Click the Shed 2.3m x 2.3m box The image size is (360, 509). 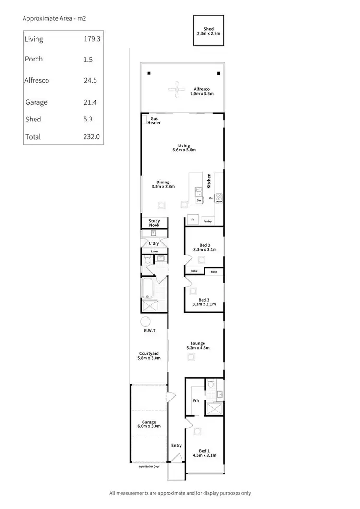[209, 31]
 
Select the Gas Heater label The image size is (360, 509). [154, 121]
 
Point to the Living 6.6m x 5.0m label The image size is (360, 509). [183, 148]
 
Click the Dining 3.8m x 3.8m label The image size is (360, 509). [163, 184]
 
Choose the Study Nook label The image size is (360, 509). [154, 223]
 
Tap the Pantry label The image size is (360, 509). [207, 221]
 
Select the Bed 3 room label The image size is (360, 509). [204, 302]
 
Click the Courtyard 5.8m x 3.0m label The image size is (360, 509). [149, 356]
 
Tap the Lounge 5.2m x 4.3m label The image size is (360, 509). [197, 346]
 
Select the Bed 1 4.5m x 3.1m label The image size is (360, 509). [204, 453]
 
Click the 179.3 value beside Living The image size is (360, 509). [92, 39]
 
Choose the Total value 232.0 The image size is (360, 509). [91, 137]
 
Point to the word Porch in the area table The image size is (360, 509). [34, 59]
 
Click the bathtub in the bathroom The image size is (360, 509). [146, 288]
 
